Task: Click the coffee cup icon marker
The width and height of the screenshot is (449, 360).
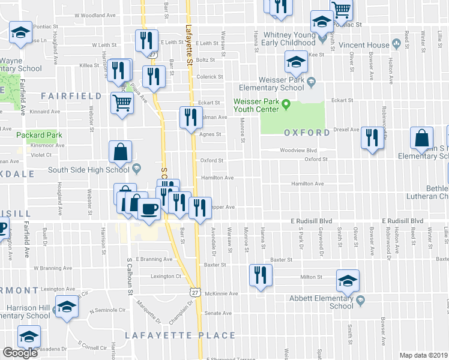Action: click(x=149, y=210)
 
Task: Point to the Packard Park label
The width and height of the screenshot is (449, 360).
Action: click(x=39, y=136)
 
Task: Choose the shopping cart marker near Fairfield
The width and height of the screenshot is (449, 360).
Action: click(x=122, y=104)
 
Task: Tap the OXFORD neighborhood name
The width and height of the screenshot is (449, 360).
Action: click(x=307, y=133)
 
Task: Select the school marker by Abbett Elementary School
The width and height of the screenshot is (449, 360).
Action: click(x=348, y=281)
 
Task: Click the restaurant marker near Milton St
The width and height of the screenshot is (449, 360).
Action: click(x=260, y=275)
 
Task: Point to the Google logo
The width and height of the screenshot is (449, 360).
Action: click(x=20, y=353)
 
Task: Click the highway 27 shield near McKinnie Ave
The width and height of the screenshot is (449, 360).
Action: click(x=193, y=292)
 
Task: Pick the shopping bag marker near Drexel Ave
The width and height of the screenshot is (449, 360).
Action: click(x=422, y=139)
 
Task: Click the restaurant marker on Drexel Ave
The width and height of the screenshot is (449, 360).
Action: click(x=373, y=138)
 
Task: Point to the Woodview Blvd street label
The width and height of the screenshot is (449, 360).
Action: click(x=298, y=151)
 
